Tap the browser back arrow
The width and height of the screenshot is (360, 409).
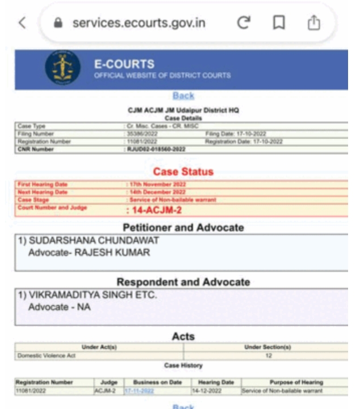(x=22, y=23)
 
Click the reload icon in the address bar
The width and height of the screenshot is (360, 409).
(x=244, y=23)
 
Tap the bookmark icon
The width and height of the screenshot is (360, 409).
(x=279, y=23)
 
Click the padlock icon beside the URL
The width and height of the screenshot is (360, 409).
(x=57, y=23)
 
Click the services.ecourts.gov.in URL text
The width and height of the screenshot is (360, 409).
(x=139, y=23)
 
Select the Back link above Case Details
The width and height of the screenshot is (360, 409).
(x=183, y=96)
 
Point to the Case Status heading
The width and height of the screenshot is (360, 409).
(x=183, y=171)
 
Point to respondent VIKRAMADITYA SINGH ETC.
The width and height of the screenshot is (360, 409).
(x=93, y=295)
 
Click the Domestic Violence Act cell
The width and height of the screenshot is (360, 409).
(x=46, y=356)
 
